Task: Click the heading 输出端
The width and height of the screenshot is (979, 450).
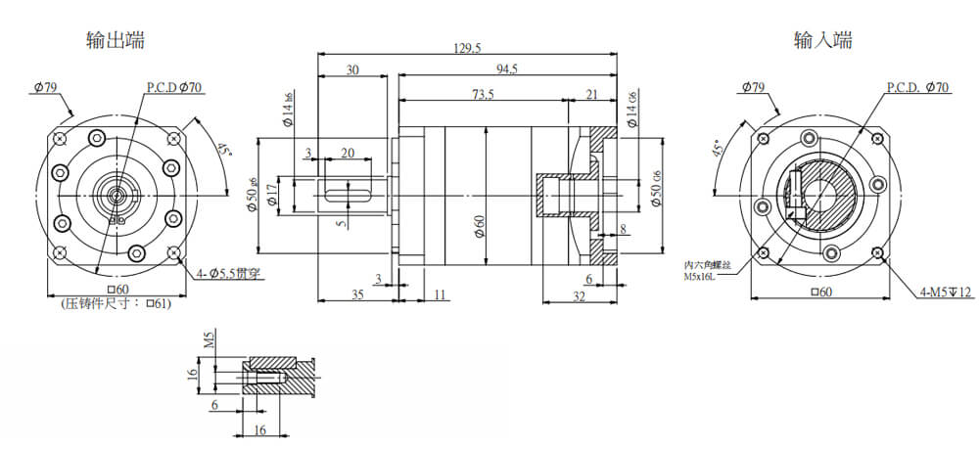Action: pos(117,41)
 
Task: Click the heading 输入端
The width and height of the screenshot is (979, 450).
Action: pos(822,41)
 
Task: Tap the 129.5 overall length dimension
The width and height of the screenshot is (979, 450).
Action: pos(468,48)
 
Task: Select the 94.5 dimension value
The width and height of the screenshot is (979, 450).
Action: pos(507,69)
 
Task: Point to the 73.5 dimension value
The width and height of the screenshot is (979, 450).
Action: pos(482,94)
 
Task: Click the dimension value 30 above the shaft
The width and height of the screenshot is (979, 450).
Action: pos(352,69)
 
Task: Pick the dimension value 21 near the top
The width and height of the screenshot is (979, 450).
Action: pos(592,94)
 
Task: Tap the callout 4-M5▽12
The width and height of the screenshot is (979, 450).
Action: pos(946,292)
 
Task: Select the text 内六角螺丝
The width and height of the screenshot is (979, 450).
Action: pos(707,265)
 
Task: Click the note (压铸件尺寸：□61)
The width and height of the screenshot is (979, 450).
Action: pos(116,304)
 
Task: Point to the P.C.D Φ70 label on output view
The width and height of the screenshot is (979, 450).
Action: pos(174,87)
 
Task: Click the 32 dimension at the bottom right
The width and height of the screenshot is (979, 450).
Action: pos(580,296)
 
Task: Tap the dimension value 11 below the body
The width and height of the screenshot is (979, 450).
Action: pos(439,292)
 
